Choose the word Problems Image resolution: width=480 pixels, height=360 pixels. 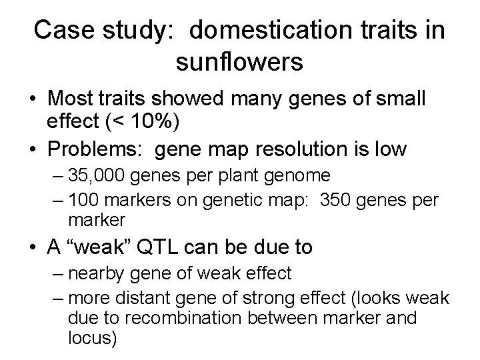coord(97,149)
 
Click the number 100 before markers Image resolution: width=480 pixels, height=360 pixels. coord(81,201)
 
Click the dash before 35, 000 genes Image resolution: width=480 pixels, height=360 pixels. coord(55,176)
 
